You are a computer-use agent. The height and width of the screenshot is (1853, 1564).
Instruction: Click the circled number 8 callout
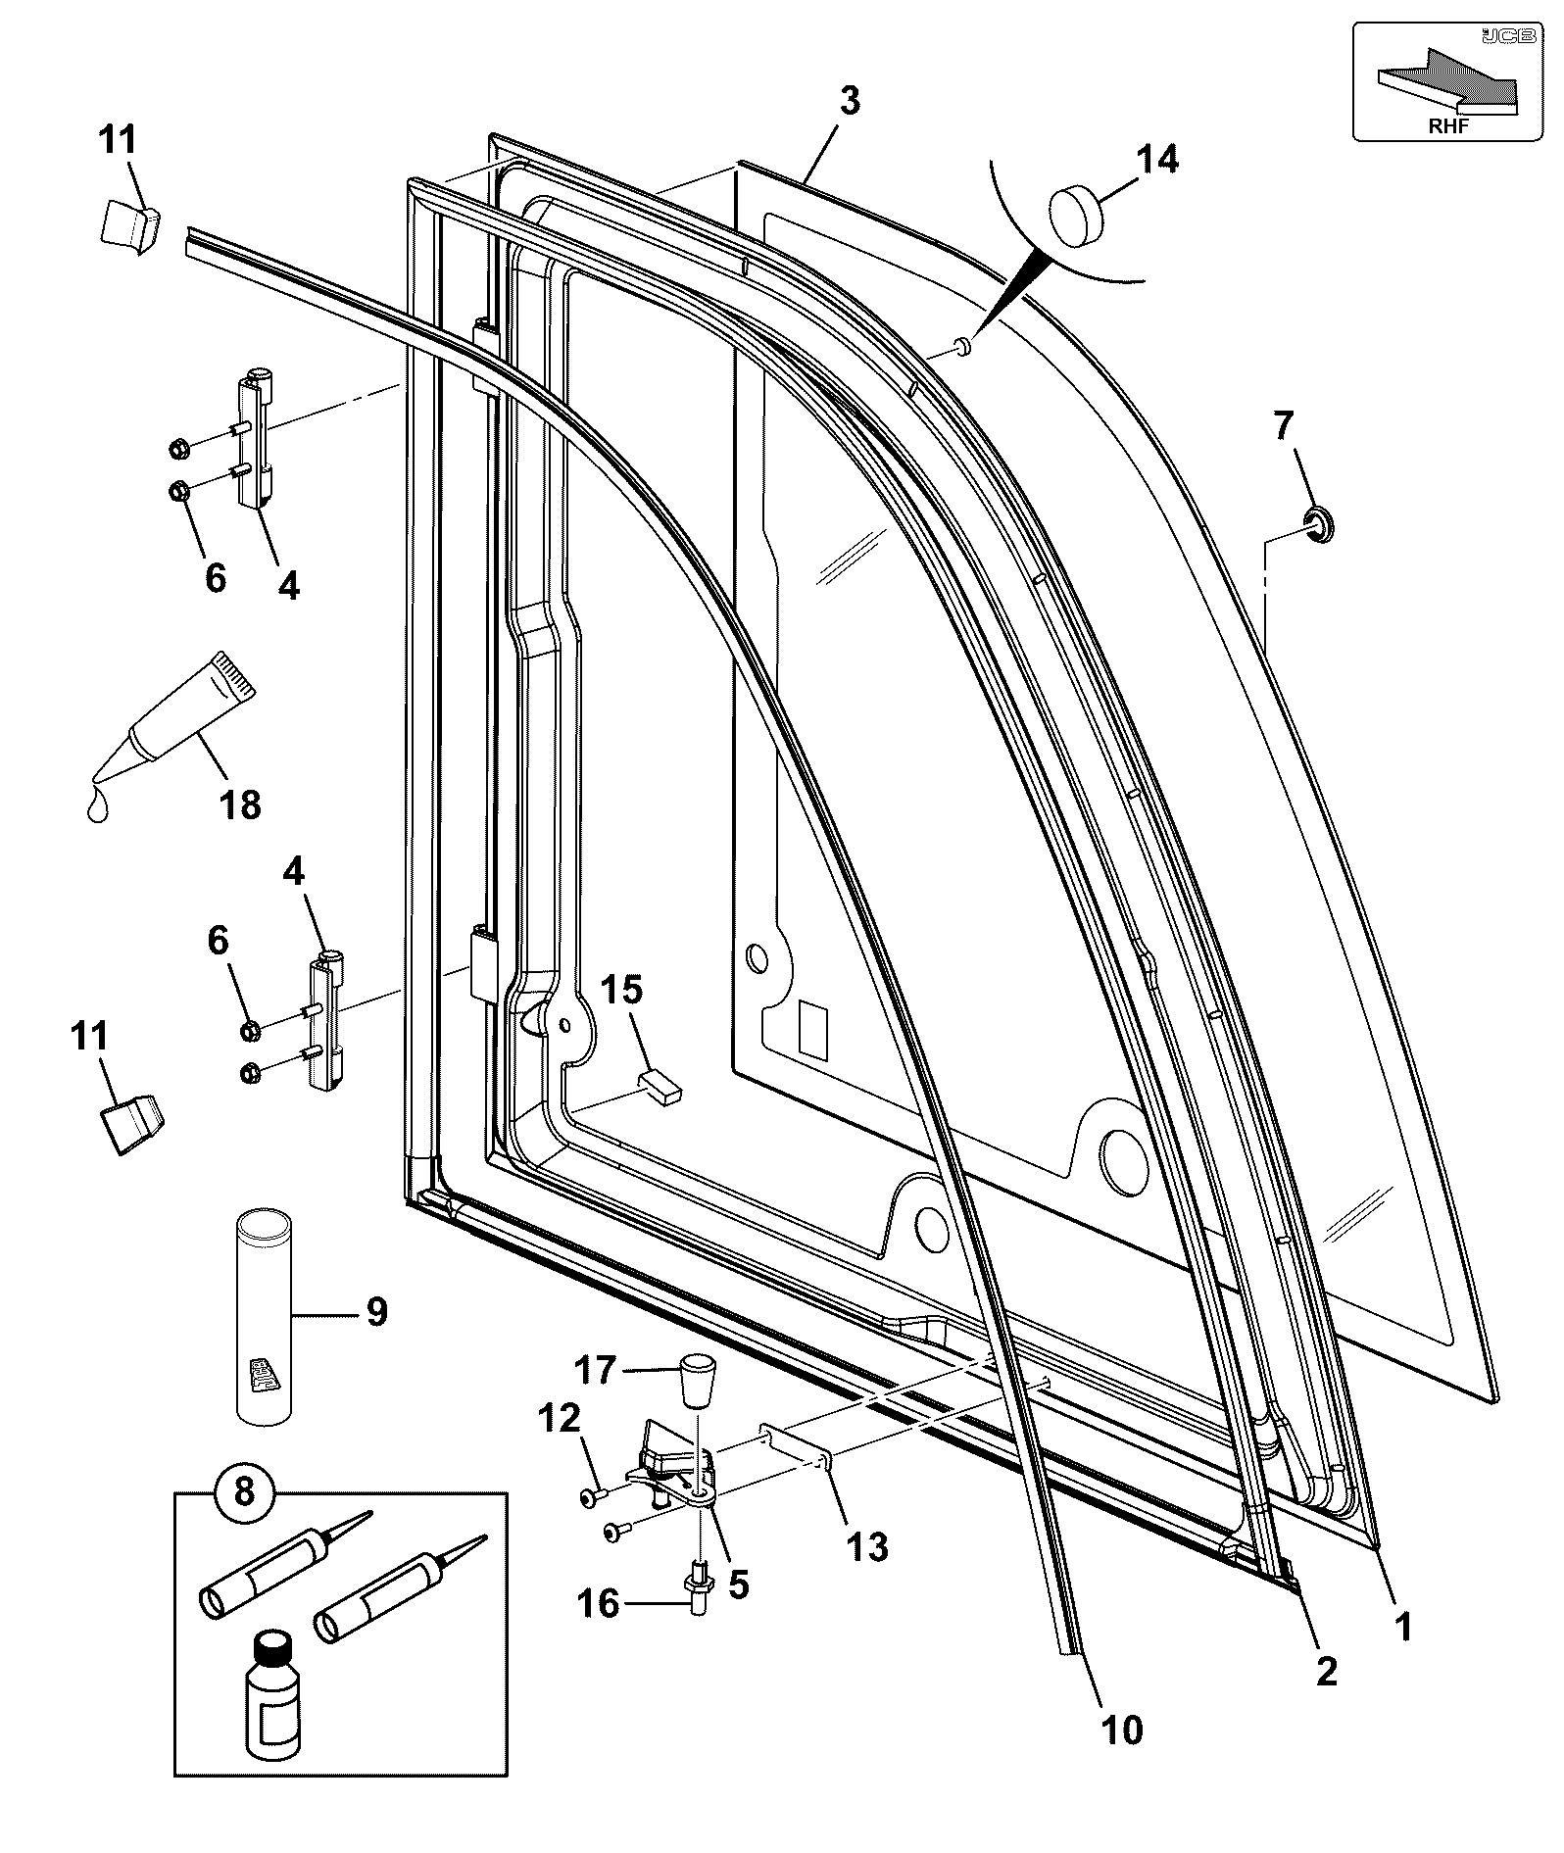(245, 1491)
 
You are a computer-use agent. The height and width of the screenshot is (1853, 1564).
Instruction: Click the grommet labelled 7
(1319, 524)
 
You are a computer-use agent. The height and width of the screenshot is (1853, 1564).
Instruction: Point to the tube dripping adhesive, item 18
(168, 734)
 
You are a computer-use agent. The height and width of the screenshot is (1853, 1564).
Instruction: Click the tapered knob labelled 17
(695, 1380)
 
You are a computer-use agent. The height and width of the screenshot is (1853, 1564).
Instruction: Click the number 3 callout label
(849, 101)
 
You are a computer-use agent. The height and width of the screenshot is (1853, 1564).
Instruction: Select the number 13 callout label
(866, 1548)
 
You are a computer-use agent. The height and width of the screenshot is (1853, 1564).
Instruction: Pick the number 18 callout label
(239, 804)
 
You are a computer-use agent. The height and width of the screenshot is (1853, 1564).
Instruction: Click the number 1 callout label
(1404, 1628)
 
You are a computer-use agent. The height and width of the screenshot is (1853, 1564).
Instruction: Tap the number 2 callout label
(1326, 1671)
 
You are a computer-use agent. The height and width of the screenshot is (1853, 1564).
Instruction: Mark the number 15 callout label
(622, 990)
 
